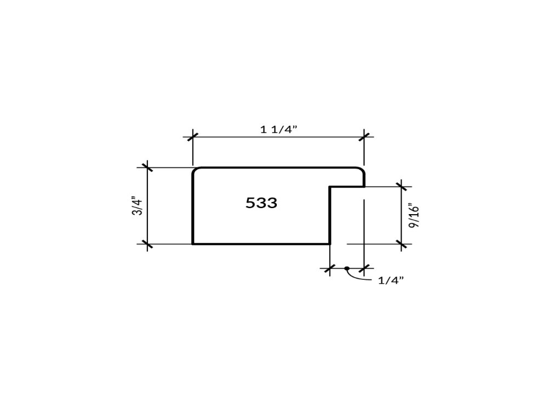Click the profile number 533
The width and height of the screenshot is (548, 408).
click(261, 203)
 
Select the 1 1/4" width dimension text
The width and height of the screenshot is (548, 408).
click(278, 130)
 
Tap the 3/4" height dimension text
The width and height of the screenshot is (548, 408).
click(138, 205)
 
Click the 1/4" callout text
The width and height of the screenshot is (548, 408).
click(391, 280)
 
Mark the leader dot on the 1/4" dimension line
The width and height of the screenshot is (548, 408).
click(347, 268)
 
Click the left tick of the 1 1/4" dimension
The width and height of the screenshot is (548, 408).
click(192, 136)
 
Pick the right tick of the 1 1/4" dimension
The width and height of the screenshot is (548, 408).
click(364, 136)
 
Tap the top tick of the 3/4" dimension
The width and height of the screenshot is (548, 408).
click(147, 167)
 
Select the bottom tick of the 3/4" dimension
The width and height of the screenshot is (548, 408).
click(147, 244)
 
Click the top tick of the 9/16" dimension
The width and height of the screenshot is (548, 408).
click(402, 187)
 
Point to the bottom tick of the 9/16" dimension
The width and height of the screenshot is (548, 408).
click(402, 244)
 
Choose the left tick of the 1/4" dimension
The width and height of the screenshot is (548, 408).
click(329, 268)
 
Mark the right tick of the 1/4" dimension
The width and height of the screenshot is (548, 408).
click(364, 268)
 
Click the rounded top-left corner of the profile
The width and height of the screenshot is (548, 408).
click(195, 170)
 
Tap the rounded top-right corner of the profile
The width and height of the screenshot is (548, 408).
click(362, 170)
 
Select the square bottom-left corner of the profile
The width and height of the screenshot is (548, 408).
click(193, 243)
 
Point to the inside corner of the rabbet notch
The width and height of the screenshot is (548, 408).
click(330, 187)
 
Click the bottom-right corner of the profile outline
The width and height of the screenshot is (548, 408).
click(329, 243)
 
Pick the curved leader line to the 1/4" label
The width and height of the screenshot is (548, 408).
click(359, 278)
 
